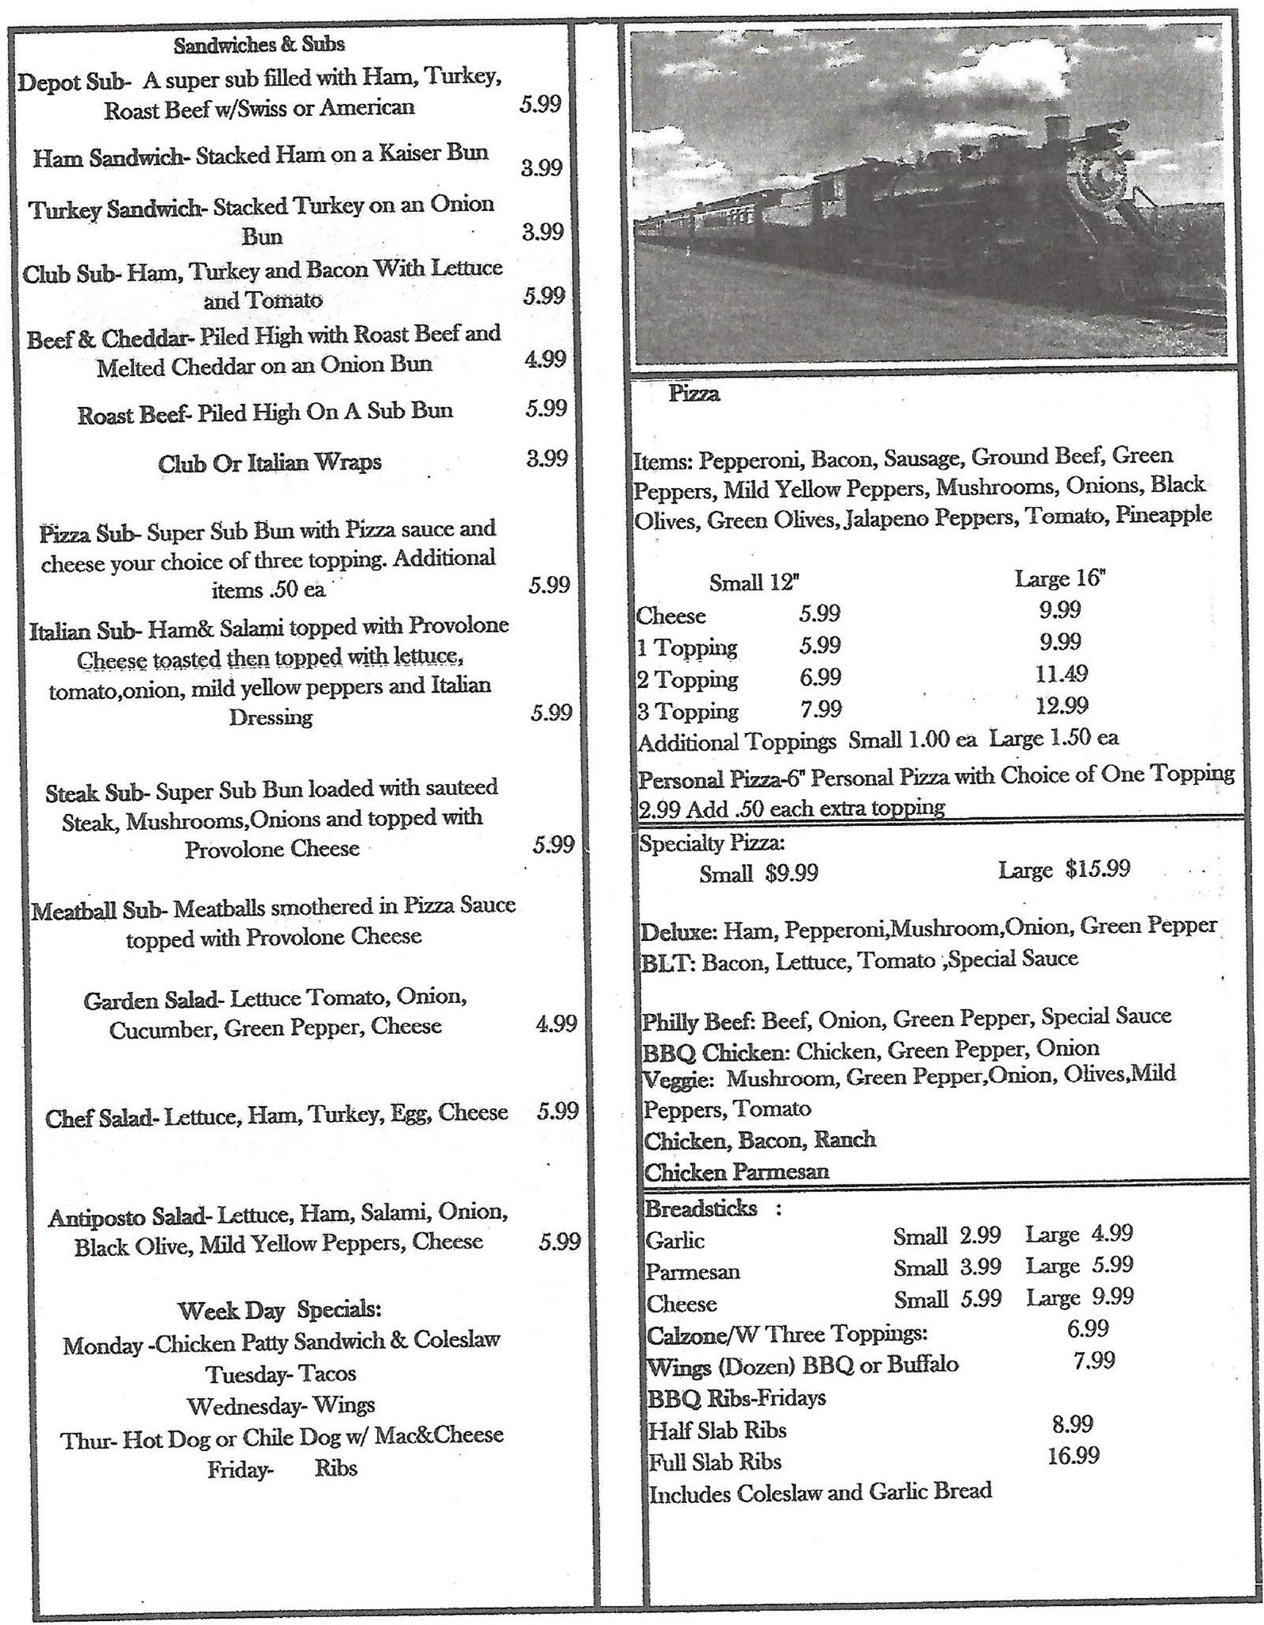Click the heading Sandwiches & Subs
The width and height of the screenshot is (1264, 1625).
(x=259, y=44)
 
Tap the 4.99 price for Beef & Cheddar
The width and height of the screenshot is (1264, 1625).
(x=544, y=359)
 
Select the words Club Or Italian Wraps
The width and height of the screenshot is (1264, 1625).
(x=270, y=462)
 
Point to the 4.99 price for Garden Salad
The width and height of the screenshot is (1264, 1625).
(x=555, y=1024)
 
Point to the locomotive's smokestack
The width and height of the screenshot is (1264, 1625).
(x=1057, y=130)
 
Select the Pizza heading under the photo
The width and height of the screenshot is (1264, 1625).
(x=693, y=394)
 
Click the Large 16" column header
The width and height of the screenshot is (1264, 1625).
(x=1059, y=578)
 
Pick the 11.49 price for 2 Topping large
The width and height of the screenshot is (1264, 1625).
(x=1061, y=674)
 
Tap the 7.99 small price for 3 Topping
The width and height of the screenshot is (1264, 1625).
(x=820, y=709)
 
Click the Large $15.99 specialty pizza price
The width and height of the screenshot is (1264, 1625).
(x=1063, y=870)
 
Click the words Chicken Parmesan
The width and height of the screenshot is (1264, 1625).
(x=736, y=1171)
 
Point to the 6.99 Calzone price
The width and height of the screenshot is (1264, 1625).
(x=1087, y=1327)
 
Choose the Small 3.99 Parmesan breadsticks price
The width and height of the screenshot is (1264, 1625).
(x=947, y=1267)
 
